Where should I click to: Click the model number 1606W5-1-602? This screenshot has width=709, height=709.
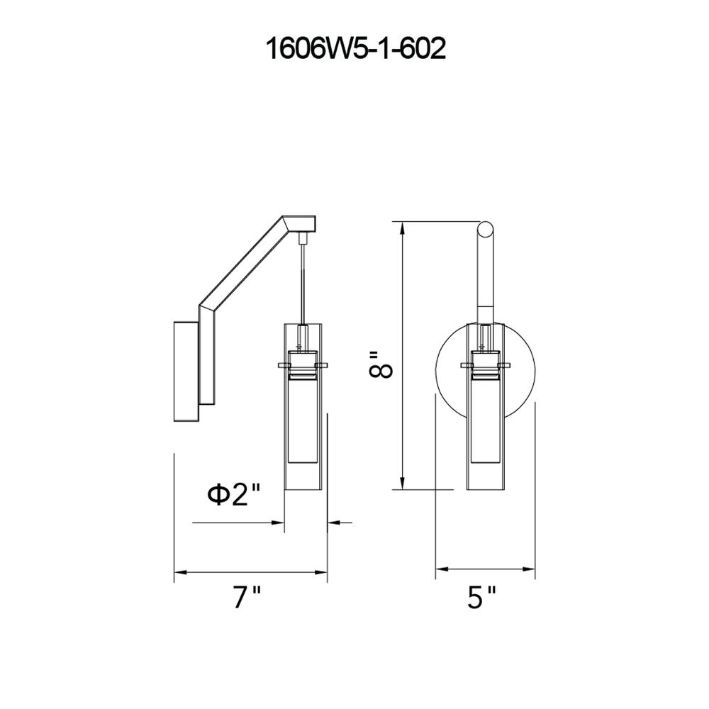(x=355, y=48)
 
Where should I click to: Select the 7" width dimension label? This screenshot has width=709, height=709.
(x=247, y=598)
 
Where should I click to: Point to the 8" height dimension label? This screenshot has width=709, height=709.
(x=381, y=363)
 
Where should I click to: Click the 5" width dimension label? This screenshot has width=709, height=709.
(x=482, y=598)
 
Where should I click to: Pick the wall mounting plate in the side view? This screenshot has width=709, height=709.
(x=186, y=372)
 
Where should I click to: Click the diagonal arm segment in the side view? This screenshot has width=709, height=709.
(x=242, y=264)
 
